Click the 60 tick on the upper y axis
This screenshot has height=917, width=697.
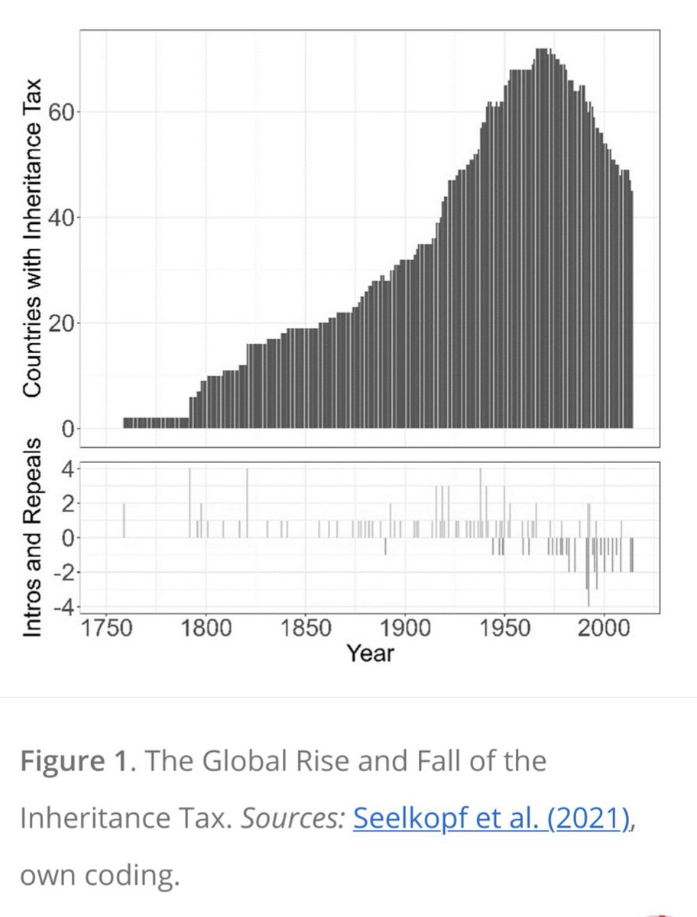point(61,112)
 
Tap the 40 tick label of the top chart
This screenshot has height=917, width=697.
point(61,218)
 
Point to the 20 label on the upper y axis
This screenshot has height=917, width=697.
point(61,323)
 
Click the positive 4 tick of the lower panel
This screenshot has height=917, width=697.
point(67,468)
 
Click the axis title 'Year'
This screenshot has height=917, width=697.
point(370,653)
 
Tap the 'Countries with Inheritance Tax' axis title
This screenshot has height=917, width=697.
point(32,237)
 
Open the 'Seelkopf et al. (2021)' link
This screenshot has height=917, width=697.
point(492,818)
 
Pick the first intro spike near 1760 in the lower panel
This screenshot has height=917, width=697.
point(124,520)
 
